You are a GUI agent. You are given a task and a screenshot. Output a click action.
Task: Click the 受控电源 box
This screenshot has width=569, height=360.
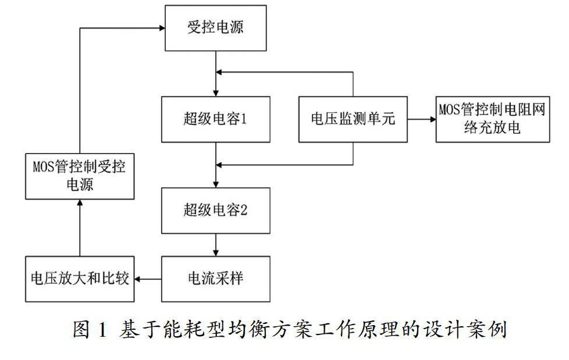click(x=215, y=28)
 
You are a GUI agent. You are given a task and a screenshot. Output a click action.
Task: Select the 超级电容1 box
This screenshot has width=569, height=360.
click(x=215, y=119)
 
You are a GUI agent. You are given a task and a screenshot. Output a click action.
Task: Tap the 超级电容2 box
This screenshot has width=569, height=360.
click(x=215, y=210)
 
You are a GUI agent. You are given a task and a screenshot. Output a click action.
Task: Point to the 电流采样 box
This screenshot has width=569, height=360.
click(x=215, y=279)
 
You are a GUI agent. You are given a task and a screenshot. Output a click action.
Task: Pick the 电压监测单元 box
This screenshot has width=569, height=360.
click(x=353, y=119)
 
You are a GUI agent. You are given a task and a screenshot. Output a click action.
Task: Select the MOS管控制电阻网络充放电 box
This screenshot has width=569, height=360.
click(x=492, y=119)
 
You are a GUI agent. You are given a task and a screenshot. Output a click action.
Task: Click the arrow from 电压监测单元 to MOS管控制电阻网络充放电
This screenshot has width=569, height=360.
click(x=422, y=119)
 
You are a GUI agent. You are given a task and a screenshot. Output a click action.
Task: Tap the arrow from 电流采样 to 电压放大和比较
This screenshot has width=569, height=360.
click(x=148, y=280)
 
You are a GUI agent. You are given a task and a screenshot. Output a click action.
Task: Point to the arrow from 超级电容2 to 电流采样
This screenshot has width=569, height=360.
click(x=216, y=245)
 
